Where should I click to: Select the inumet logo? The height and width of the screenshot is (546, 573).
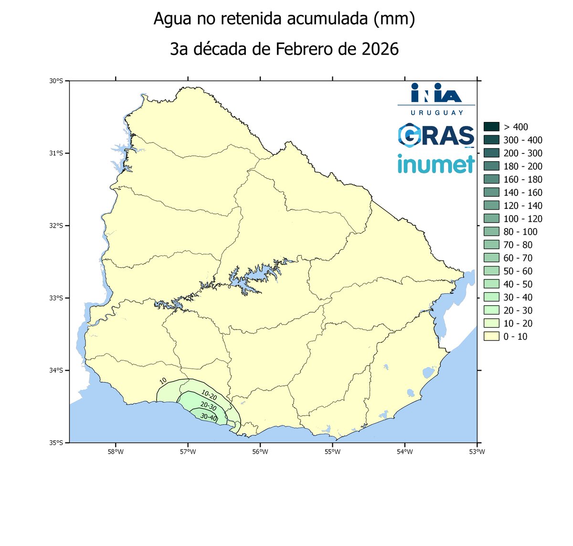436,164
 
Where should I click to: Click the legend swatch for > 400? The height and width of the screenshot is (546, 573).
491,127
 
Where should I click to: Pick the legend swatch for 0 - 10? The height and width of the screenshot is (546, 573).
491,337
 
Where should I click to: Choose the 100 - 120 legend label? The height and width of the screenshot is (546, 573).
523,219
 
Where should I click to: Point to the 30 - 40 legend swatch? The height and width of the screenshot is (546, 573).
491,297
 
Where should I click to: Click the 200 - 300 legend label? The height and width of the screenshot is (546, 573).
523,153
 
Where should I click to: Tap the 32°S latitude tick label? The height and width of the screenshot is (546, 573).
56,226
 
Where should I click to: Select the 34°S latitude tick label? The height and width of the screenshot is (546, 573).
56,371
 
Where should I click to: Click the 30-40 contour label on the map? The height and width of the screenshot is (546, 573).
209,417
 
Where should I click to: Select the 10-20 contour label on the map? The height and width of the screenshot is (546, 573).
209,395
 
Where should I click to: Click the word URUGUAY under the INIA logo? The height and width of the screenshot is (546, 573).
436,113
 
